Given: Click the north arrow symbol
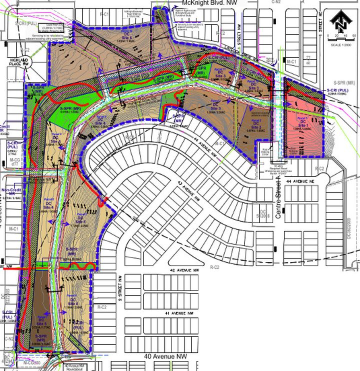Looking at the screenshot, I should click(x=341, y=21).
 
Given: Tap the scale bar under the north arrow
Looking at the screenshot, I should click(x=341, y=38).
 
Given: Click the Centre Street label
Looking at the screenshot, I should click(x=280, y=194).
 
